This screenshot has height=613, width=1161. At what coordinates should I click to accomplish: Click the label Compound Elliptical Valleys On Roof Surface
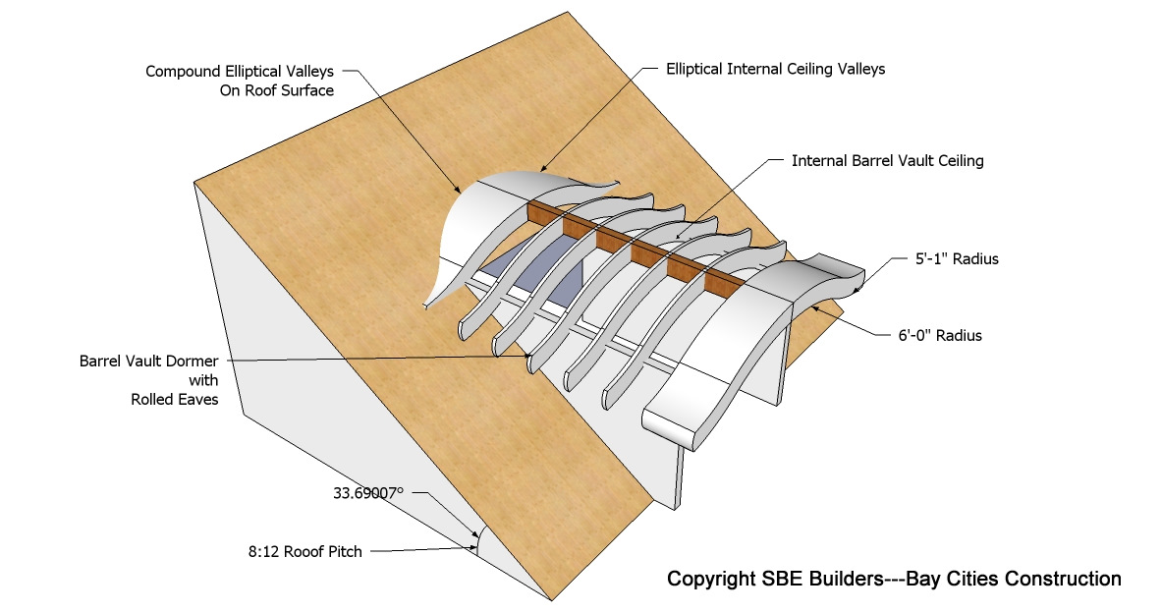pyautogui.click(x=240, y=81)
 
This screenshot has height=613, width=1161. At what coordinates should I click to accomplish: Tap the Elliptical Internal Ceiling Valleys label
pyautogui.click(x=775, y=69)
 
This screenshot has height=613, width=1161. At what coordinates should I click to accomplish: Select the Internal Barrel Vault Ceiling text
pyautogui.click(x=887, y=160)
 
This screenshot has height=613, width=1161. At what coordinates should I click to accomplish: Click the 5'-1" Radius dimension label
pyautogui.click(x=950, y=260)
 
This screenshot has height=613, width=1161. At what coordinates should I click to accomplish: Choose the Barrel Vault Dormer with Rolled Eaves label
pyautogui.click(x=148, y=380)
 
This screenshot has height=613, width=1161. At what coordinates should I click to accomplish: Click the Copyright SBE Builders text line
pyautogui.click(x=894, y=579)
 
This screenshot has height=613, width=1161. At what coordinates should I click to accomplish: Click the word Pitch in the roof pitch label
pyautogui.click(x=344, y=551)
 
